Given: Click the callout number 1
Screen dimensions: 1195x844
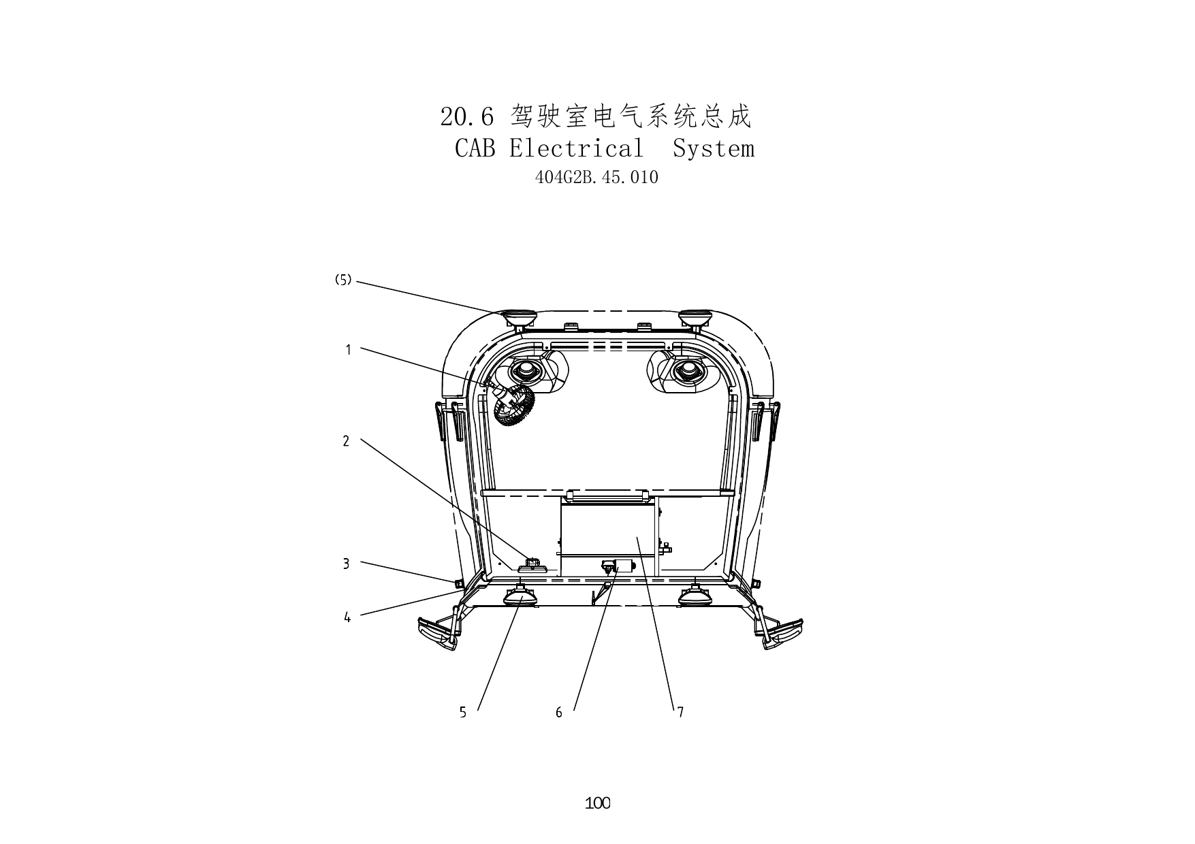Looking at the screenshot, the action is pyautogui.click(x=348, y=350).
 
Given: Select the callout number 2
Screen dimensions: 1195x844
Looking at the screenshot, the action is pyautogui.click(x=346, y=441).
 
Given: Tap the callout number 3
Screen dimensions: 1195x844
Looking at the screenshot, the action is pyautogui.click(x=346, y=564).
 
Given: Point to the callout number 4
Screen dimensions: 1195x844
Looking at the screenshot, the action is pyautogui.click(x=347, y=618).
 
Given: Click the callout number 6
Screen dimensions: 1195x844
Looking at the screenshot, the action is pyautogui.click(x=559, y=713).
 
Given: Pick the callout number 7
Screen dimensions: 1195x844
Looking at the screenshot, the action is pyautogui.click(x=680, y=713).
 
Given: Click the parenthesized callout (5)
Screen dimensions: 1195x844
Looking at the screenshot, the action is pyautogui.click(x=343, y=280).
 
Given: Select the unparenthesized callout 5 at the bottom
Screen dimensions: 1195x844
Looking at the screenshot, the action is pyautogui.click(x=463, y=713).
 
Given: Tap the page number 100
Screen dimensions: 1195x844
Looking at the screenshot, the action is pyautogui.click(x=598, y=803).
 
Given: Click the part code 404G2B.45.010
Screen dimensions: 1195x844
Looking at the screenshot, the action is pyautogui.click(x=597, y=178).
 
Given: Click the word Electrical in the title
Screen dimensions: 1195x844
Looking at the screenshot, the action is pyautogui.click(x=576, y=148).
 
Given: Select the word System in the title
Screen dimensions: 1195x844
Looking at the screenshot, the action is pyautogui.click(x=714, y=149).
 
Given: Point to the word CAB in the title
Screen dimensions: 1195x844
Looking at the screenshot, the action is pyautogui.click(x=475, y=148).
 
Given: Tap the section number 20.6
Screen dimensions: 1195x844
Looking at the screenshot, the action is pyautogui.click(x=466, y=117).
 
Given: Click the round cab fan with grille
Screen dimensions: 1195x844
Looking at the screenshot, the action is pyautogui.click(x=514, y=406).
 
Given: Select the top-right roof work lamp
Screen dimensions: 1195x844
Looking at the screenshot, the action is pyautogui.click(x=695, y=318).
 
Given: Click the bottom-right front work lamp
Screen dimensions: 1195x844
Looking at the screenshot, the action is pyautogui.click(x=696, y=597).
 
